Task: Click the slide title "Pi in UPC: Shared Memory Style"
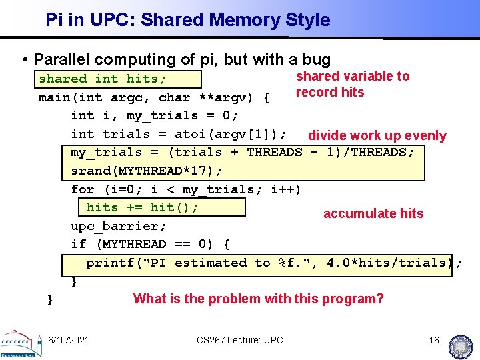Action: click(x=187, y=20)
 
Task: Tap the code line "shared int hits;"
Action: click(x=103, y=79)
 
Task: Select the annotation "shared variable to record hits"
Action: click(x=352, y=84)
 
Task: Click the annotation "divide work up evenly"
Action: click(x=377, y=136)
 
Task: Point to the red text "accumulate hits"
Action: click(x=373, y=213)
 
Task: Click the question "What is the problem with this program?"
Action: click(x=259, y=299)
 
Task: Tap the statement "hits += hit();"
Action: click(x=143, y=207)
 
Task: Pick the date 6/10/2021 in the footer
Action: click(x=68, y=341)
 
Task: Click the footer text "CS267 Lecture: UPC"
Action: click(x=240, y=341)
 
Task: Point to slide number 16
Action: click(x=434, y=341)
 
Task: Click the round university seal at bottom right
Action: click(x=462, y=345)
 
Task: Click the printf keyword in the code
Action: click(x=110, y=263)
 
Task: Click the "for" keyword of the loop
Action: click(x=83, y=189)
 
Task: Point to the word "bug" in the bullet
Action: click(x=317, y=60)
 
